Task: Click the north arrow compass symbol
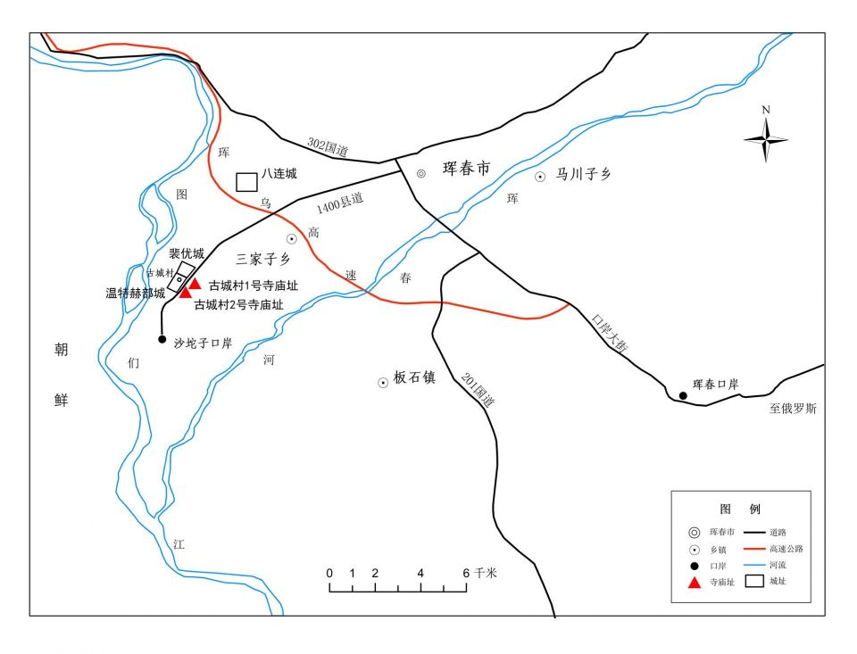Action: [766, 138]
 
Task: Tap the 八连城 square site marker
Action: [246, 181]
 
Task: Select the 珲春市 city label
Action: [466, 169]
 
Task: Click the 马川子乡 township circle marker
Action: [540, 177]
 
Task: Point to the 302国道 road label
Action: [327, 147]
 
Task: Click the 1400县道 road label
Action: [340, 205]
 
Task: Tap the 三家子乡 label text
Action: [263, 260]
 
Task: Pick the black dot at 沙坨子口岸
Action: [162, 339]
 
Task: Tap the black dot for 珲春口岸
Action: [683, 395]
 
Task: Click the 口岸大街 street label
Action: [611, 332]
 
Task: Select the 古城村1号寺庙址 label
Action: [253, 286]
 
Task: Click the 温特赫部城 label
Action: [135, 293]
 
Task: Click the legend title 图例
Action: [740, 509]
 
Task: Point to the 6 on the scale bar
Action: [466, 573]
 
